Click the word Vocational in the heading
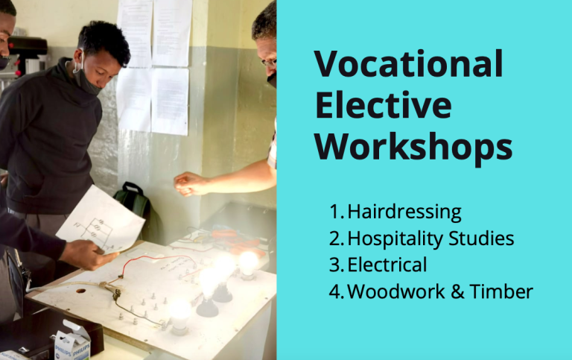click(409, 64)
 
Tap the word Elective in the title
click(384, 106)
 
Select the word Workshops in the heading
click(413, 146)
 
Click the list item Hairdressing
click(404, 212)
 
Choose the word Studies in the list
click(481, 238)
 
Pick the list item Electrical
click(387, 265)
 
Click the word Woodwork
click(396, 291)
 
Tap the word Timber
click(501, 291)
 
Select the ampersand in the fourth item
click(457, 291)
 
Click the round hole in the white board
click(80, 291)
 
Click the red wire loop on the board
click(157, 263)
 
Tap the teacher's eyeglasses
click(269, 63)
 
